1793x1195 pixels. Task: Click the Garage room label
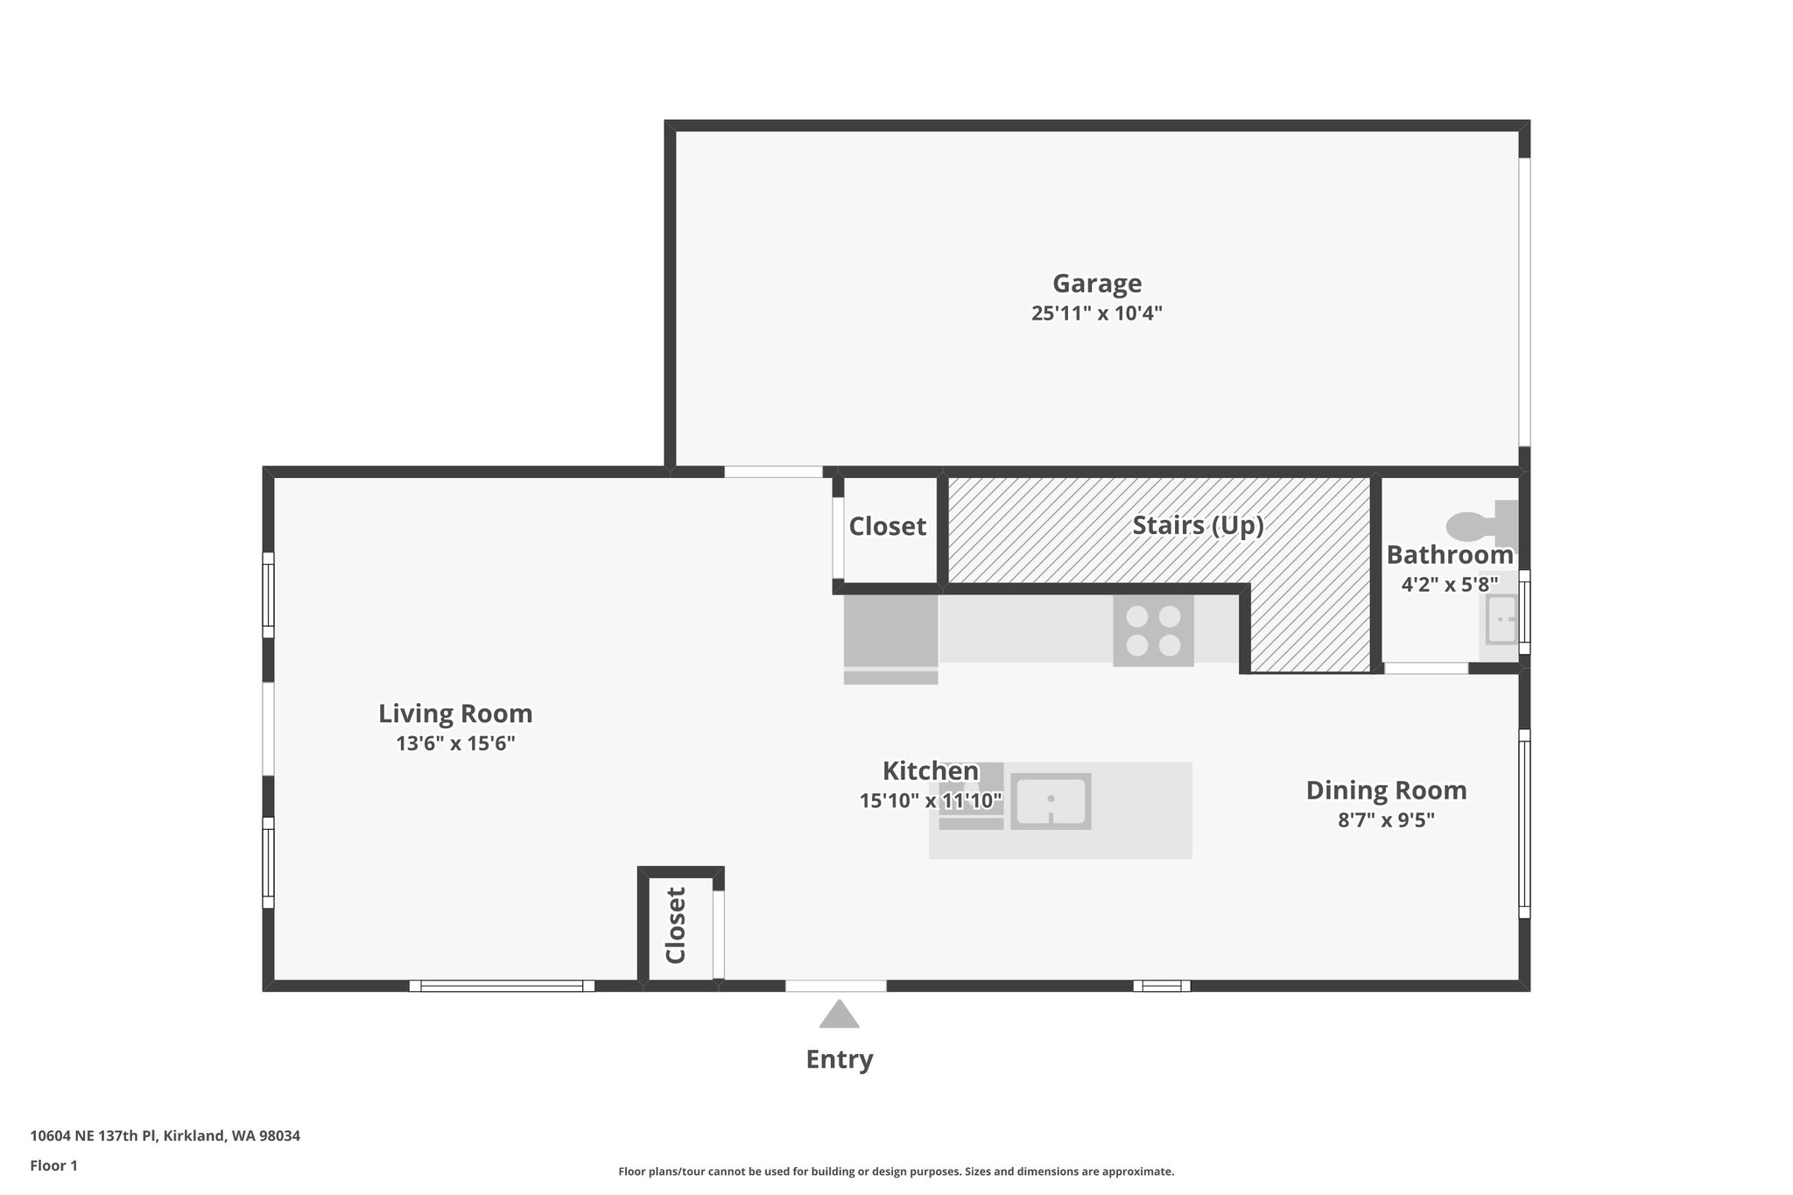click(1096, 284)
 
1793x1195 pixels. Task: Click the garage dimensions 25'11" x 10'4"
click(1096, 313)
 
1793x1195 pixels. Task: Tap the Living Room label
click(455, 713)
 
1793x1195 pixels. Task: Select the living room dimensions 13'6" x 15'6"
click(455, 744)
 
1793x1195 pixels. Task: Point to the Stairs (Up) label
click(1198, 525)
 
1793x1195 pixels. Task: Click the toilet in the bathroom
click(1480, 524)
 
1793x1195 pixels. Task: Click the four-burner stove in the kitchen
click(1153, 631)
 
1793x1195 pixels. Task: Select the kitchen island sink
click(1051, 801)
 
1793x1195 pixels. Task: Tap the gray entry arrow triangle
click(839, 1016)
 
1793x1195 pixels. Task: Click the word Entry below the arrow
click(839, 1059)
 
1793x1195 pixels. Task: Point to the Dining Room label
click(1386, 791)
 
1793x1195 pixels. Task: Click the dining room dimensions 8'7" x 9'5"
click(1386, 820)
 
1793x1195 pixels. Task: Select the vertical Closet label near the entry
click(675, 925)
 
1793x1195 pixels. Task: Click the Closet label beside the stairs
click(887, 526)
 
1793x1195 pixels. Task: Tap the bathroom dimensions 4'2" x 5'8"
click(1449, 584)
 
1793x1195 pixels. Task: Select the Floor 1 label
click(53, 1165)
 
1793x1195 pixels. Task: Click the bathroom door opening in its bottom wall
click(1425, 668)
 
